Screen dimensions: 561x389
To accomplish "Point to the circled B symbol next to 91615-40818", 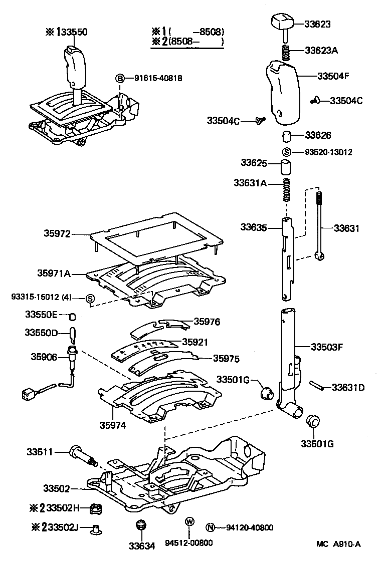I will (120, 78).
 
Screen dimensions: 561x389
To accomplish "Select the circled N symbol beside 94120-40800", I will (211, 527).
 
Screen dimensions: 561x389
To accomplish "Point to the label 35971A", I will (54, 273).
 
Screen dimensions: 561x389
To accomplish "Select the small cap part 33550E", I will (72, 316).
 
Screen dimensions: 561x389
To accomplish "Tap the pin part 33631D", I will (315, 386).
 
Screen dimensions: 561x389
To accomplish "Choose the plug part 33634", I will (140, 527).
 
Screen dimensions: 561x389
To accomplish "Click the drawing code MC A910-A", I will (338, 544).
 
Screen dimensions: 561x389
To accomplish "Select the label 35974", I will (112, 425).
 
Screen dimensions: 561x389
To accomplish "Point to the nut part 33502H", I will (96, 509).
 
